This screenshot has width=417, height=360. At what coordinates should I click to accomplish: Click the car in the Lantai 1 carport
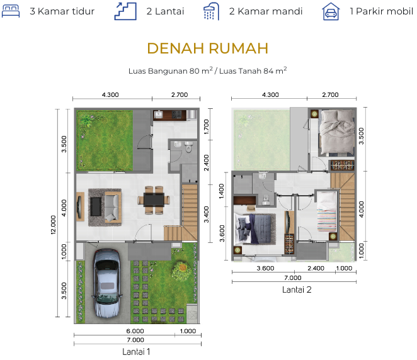[x=107, y=283]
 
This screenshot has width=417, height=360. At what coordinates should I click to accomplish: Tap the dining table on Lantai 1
[x=154, y=200]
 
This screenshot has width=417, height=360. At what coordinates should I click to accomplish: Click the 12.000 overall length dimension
[x=54, y=225]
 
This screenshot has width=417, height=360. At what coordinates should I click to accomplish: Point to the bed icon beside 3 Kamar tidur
[x=11, y=11]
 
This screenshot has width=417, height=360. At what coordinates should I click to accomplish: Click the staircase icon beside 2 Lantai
[x=125, y=11]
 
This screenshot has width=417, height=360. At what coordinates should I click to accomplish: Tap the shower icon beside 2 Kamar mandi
[x=212, y=11]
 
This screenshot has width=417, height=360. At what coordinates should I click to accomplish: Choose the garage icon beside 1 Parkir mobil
[x=331, y=11]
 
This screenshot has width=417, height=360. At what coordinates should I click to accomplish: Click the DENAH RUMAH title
[x=208, y=48]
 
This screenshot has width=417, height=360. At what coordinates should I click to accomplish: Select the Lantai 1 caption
[x=136, y=352]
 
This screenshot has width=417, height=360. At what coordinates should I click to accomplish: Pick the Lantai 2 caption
[x=297, y=290]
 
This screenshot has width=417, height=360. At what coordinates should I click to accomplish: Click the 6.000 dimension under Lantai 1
[x=135, y=331]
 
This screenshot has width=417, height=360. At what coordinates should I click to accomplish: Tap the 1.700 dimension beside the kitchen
[x=207, y=127]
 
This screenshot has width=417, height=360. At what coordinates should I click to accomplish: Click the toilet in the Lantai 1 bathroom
[x=188, y=147]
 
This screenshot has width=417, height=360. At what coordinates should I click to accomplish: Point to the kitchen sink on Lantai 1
[x=159, y=115]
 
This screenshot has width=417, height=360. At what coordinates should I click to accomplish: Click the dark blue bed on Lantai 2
[x=254, y=229]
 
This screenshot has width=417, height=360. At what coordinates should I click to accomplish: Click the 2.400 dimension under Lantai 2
[x=316, y=268]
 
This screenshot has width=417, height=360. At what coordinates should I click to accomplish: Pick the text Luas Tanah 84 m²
[x=253, y=70]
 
